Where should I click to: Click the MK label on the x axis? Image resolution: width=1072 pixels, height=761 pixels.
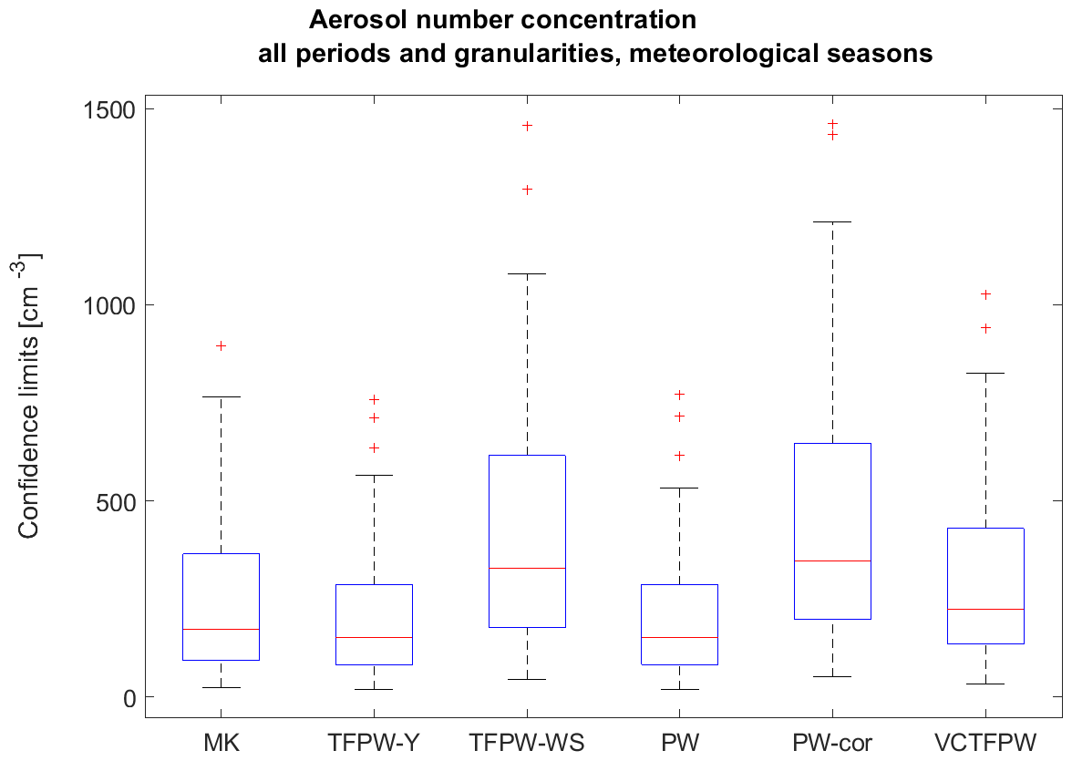coord(222,744)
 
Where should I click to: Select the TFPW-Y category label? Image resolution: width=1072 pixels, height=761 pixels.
coord(374,744)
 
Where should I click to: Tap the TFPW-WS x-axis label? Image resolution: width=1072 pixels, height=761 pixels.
coord(527,744)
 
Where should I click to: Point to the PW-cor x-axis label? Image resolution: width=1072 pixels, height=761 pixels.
coord(832,744)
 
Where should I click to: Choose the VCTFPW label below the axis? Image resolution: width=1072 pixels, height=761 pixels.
coord(985,744)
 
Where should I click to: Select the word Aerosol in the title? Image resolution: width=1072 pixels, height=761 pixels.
coord(351,19)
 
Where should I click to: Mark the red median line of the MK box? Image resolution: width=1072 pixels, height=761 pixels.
coord(222,629)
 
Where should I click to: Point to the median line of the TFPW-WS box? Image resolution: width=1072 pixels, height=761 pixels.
coord(527,568)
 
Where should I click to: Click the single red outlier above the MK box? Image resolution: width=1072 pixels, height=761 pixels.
coord(222,345)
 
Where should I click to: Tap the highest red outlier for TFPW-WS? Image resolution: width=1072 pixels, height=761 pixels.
coord(527,126)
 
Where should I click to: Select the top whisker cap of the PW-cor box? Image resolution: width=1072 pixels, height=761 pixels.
coord(832,221)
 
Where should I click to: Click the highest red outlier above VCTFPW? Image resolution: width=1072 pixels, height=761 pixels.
coord(985,294)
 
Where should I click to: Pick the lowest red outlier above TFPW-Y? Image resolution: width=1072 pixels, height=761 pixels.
coord(374,447)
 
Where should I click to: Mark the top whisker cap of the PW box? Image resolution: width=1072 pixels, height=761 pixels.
coord(679,488)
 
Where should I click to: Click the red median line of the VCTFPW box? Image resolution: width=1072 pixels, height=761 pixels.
coord(985,609)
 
